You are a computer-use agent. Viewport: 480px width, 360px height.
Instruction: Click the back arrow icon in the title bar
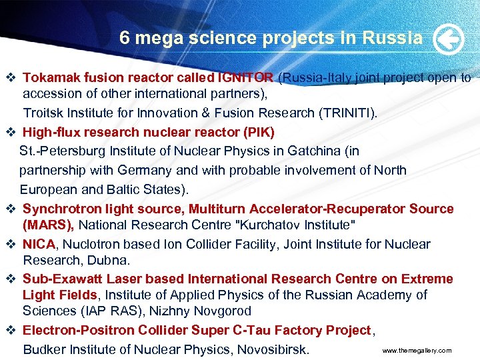coord(448,39)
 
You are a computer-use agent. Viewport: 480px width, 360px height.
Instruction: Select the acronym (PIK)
coord(260,131)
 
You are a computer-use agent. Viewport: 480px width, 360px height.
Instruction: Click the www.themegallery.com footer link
coord(417,351)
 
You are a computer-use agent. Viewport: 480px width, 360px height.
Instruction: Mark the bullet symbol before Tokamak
coord(11,79)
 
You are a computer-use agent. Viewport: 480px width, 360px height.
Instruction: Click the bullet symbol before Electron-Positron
coord(11,331)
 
